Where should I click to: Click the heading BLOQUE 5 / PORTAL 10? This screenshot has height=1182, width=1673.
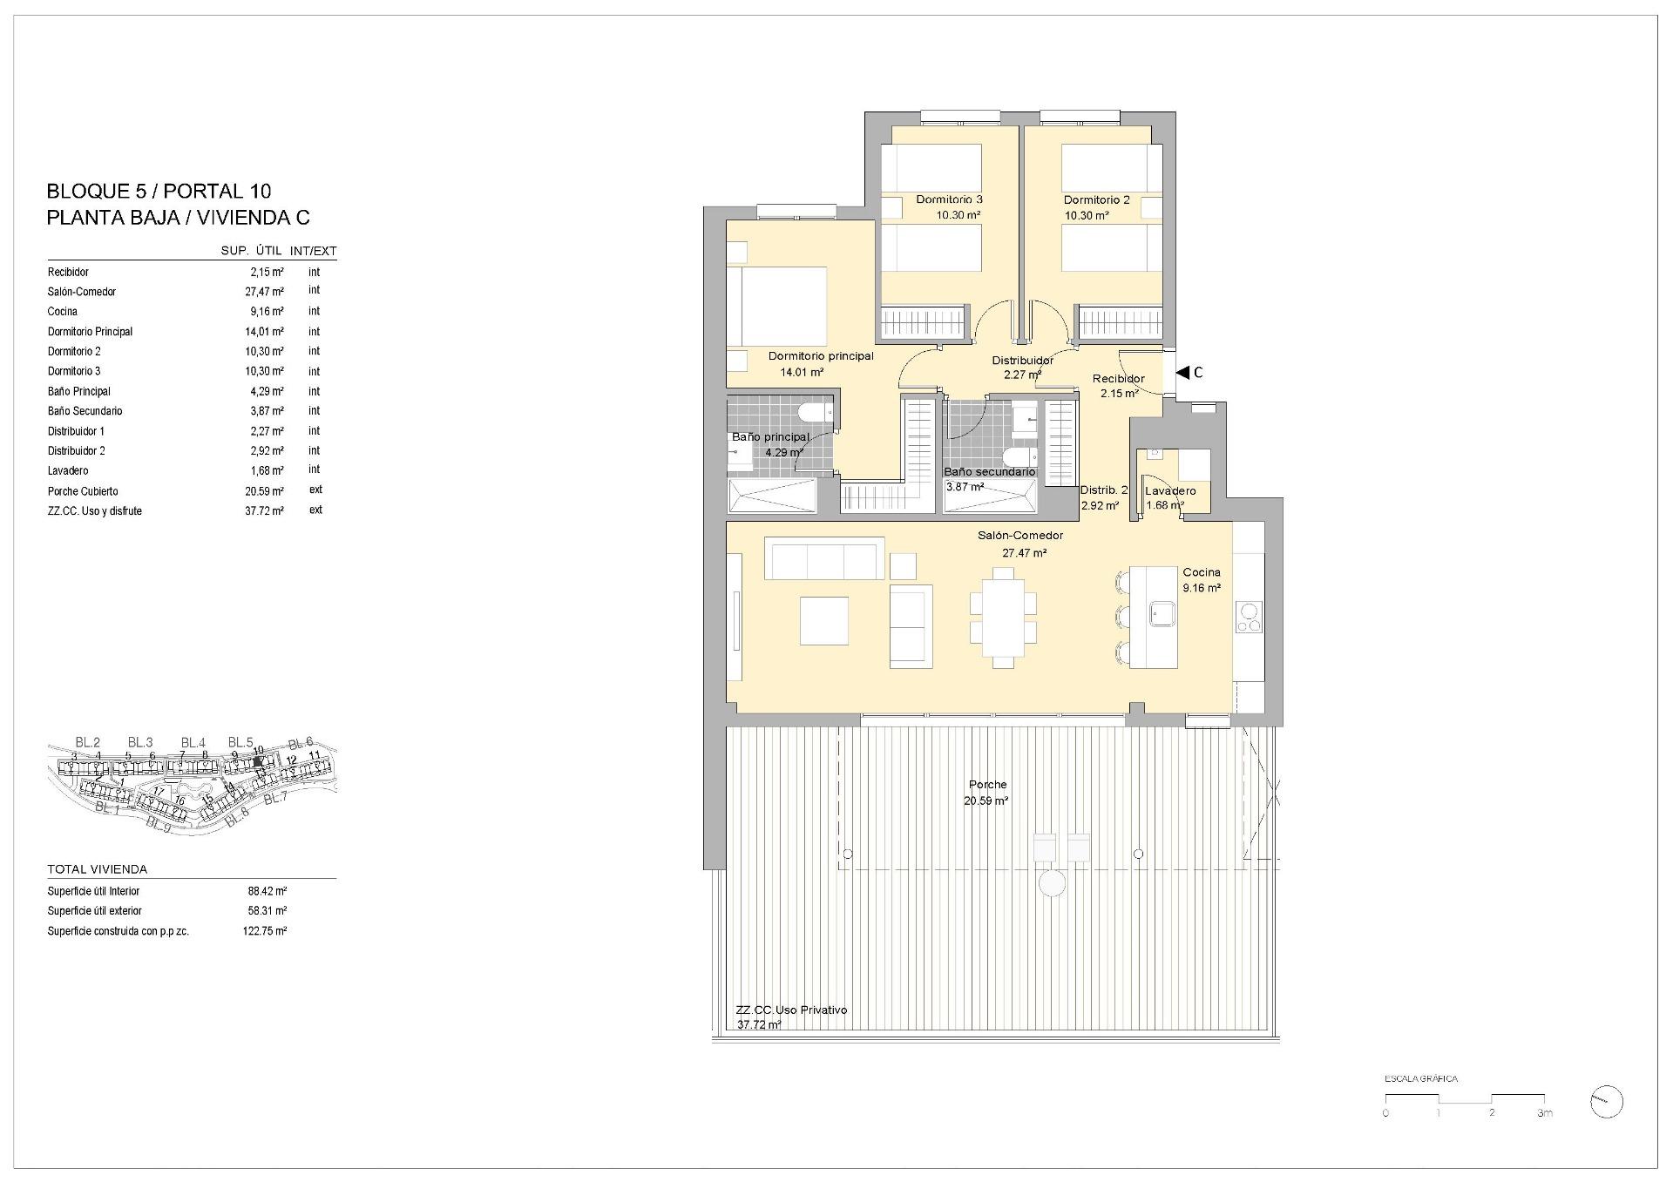159,191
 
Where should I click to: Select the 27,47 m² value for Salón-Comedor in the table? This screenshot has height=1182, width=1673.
264,292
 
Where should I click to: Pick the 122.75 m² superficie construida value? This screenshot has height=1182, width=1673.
265,931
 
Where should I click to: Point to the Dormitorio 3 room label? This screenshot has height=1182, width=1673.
949,200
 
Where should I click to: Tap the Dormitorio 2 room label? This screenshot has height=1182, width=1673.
1096,200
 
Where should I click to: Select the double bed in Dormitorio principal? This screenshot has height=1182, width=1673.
777,307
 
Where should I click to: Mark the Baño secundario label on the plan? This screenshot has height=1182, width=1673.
990,472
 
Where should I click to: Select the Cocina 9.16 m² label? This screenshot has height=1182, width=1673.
1202,580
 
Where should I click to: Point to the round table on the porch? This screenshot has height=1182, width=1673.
1053,884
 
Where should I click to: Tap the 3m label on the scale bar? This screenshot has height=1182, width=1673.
1544,1113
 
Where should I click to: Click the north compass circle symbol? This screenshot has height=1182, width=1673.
1606,1102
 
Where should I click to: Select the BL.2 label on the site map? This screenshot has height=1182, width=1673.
87,742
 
